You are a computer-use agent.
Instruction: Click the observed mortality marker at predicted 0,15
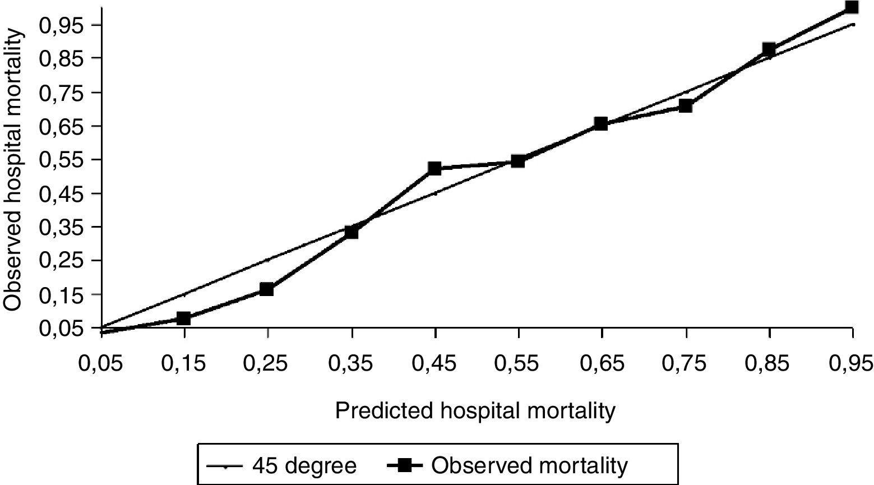point(183,318)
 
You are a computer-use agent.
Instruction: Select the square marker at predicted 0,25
point(267,289)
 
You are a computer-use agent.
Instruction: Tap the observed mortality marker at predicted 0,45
point(434,168)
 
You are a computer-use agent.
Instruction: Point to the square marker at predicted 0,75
point(686,106)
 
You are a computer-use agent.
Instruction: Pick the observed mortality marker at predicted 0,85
point(769,49)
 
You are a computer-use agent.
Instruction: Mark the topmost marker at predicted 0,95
point(852,7)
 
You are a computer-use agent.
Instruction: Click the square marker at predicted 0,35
point(352,232)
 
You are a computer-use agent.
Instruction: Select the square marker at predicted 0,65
point(601,123)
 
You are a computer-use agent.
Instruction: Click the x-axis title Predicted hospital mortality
point(475,411)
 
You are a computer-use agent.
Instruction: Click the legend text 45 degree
point(304,465)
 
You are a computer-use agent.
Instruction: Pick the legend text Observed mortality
point(530,465)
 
